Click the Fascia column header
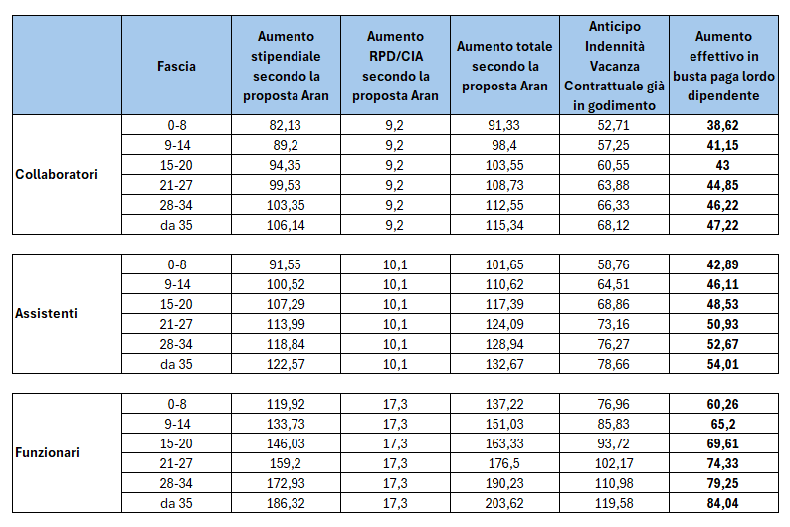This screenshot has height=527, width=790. pyautogui.click(x=176, y=66)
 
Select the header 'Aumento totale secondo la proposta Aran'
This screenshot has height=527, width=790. pyautogui.click(x=504, y=66)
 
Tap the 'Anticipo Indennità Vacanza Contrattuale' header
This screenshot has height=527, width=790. pyautogui.click(x=614, y=66)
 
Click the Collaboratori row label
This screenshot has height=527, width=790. pyautogui.click(x=57, y=174)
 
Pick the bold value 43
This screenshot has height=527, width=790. pyautogui.click(x=723, y=164)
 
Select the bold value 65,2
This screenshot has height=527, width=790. pyautogui.click(x=723, y=424)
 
